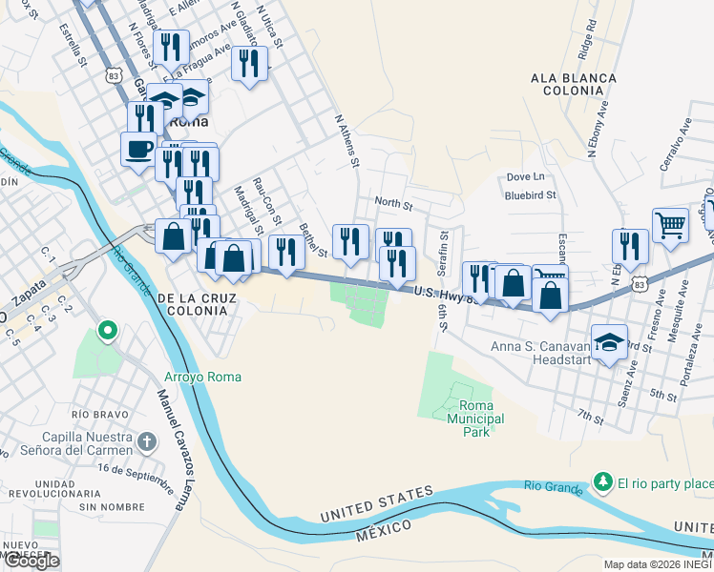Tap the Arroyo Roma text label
[202, 377]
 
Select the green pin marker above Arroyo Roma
[109, 332]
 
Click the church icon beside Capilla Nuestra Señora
[145, 441]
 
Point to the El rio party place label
[664, 482]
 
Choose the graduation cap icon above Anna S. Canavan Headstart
[607, 340]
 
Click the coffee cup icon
[137, 148]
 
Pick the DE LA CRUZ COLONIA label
[199, 306]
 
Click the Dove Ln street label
[525, 176]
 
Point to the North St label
[393, 203]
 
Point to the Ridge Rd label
[586, 41]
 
